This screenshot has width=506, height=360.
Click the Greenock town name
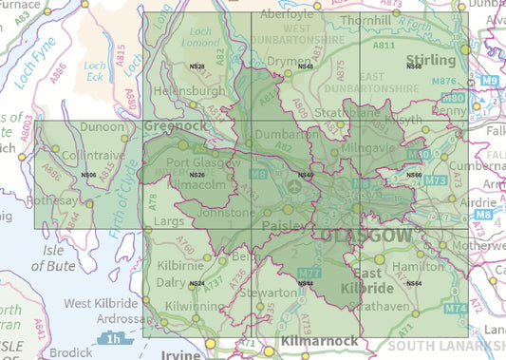(x=175, y=124)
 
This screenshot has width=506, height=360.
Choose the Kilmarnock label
(x=320, y=341)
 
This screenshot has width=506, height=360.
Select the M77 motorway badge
(x=323, y=273)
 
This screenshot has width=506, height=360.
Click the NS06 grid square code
(x=89, y=175)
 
